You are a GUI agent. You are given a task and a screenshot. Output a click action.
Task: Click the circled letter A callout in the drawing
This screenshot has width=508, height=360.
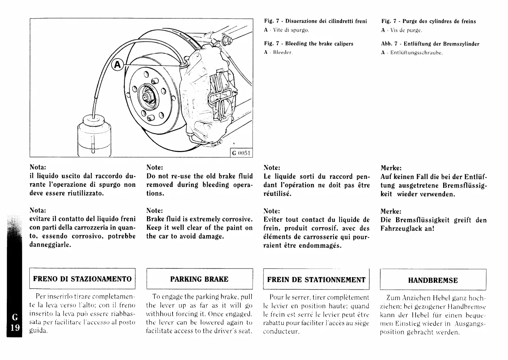pyautogui.click(x=117, y=65)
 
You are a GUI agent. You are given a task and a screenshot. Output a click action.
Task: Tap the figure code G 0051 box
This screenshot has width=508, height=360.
pyautogui.click(x=242, y=153)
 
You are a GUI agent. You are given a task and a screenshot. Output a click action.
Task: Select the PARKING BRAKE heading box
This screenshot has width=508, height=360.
pyautogui.click(x=199, y=279)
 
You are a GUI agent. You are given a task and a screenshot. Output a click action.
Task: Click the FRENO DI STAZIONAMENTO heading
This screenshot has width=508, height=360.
pyautogui.click(x=82, y=279)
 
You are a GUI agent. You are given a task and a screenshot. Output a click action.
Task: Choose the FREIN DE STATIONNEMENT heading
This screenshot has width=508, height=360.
pyautogui.click(x=316, y=280)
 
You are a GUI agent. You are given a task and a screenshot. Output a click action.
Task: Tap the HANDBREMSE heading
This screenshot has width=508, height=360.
pyautogui.click(x=433, y=280)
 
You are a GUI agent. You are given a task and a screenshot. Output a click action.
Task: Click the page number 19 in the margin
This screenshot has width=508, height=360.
pyautogui.click(x=15, y=327)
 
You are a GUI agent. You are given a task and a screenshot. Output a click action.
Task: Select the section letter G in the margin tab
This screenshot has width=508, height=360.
pyautogui.click(x=15, y=317)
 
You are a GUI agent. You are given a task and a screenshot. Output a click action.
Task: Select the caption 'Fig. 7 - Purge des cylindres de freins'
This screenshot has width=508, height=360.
pyautogui.click(x=428, y=21)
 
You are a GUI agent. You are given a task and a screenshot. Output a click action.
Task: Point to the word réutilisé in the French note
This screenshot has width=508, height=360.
pyautogui.click(x=278, y=194)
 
